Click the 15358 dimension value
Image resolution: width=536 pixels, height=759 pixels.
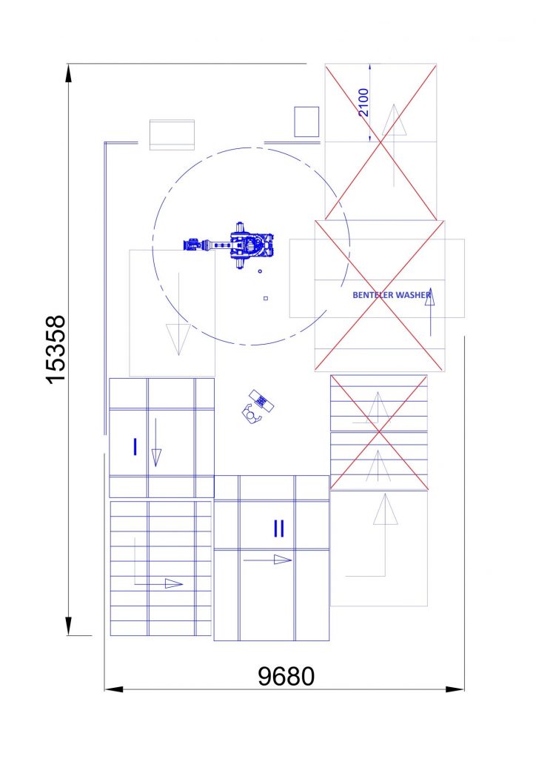pyautogui.click(x=56, y=349)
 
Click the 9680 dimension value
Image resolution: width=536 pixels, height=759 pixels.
pyautogui.click(x=286, y=676)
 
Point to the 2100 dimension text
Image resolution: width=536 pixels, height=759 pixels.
pyautogui.click(x=364, y=102)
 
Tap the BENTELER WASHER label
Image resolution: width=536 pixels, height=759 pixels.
pyautogui.click(x=392, y=294)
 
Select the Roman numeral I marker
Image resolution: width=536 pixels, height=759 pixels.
pyautogui.click(x=135, y=447)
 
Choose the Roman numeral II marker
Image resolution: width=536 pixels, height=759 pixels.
pyautogui.click(x=279, y=528)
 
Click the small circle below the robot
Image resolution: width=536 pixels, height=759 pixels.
pyautogui.click(x=260, y=271)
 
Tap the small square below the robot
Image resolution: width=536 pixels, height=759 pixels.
pyautogui.click(x=265, y=298)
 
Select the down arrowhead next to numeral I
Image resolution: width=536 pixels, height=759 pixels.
pyautogui.click(x=156, y=457)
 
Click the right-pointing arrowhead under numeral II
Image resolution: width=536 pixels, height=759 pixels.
pyautogui.click(x=283, y=560)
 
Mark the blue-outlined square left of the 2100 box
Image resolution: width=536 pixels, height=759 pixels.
pyautogui.click(x=307, y=122)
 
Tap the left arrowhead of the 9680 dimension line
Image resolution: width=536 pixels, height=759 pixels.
pyautogui.click(x=113, y=689)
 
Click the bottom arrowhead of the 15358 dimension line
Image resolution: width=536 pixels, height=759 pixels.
pyautogui.click(x=69, y=626)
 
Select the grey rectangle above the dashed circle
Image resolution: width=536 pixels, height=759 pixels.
pyautogui.click(x=172, y=135)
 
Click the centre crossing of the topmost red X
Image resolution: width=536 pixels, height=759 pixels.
pyautogui.click(x=381, y=142)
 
